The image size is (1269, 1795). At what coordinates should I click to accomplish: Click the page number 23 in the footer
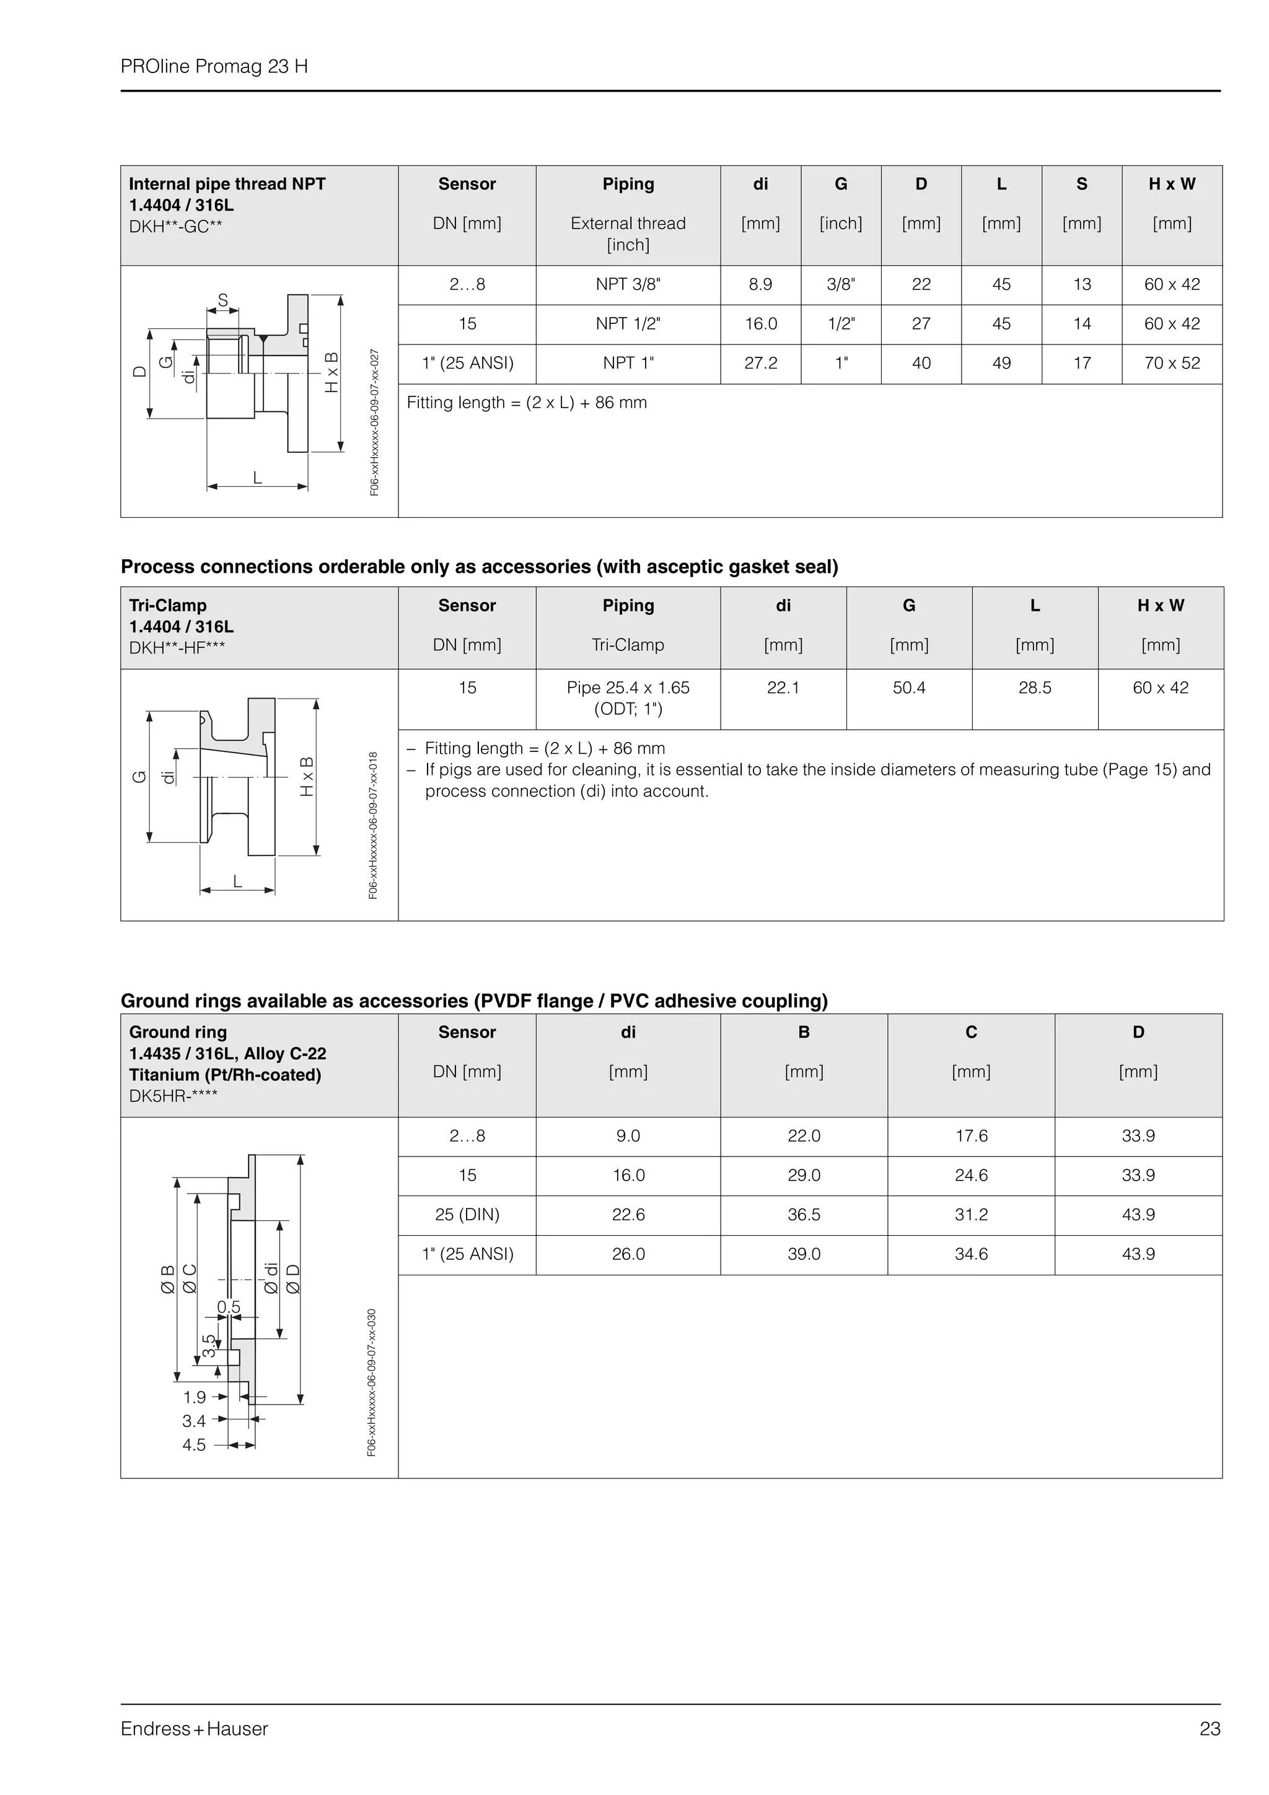coord(1209,1729)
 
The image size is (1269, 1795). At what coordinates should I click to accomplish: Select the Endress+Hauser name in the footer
coord(194,1729)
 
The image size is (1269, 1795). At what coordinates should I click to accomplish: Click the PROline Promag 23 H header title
coord(214,66)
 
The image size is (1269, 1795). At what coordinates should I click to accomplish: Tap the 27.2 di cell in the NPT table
coord(760,363)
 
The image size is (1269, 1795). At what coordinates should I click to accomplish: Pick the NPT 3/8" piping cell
coord(628,284)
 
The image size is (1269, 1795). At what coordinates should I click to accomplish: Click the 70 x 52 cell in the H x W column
coord(1171,363)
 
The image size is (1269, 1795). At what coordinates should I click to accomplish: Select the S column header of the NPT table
coord(1081,184)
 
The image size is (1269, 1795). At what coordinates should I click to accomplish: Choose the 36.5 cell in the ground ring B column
coord(804,1214)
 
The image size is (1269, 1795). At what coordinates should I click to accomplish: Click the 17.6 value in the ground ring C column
coord(971,1135)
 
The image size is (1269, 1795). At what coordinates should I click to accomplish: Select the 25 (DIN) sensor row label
coord(467,1214)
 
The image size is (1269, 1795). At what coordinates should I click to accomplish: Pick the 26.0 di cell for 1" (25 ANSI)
coord(628,1254)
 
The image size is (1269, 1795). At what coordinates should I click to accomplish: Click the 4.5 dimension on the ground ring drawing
coord(194,1445)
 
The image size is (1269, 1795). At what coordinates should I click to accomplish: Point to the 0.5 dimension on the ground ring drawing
coord(228,1307)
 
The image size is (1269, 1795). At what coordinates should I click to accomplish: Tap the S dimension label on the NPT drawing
coord(223,300)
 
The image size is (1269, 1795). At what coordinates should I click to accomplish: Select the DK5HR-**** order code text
coord(173,1096)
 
